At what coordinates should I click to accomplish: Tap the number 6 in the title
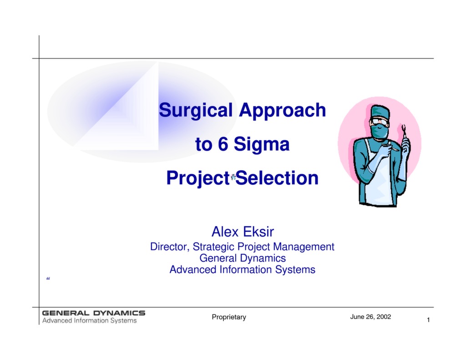[x=222, y=145]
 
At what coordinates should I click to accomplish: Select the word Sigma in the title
[x=262, y=145]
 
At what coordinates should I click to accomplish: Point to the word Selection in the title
[x=277, y=178]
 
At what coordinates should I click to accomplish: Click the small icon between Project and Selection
[x=233, y=177]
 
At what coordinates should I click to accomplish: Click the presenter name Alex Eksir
[x=243, y=232]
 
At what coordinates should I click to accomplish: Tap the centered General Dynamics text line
[x=243, y=258]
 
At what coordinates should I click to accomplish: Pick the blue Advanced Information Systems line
[x=243, y=269]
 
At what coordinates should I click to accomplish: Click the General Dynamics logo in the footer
[x=94, y=316]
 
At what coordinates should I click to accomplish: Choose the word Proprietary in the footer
[x=229, y=317]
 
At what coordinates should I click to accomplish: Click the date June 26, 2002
[x=370, y=317]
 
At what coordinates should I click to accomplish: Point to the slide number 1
[x=428, y=320]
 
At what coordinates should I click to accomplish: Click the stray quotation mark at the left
[x=48, y=279]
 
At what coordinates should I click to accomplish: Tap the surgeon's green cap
[x=380, y=111]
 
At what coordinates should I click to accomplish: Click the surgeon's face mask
[x=380, y=132]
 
